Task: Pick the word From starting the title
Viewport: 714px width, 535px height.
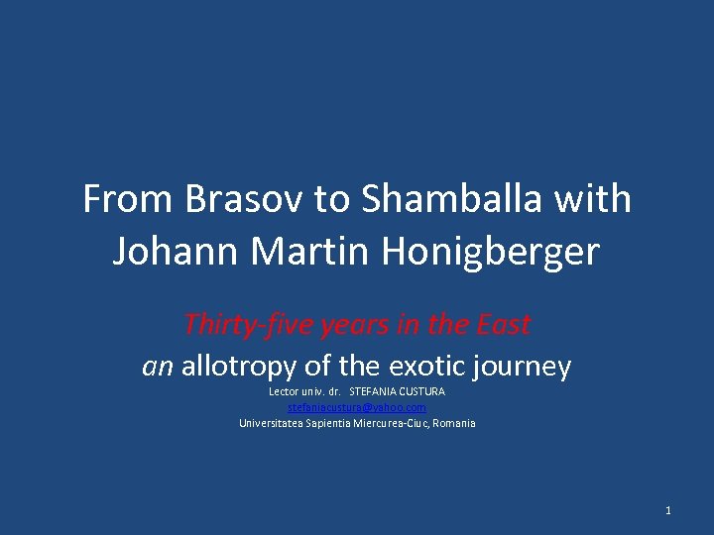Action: tap(126, 200)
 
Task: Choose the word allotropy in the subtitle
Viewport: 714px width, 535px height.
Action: tap(238, 367)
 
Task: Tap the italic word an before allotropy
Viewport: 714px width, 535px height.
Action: tap(158, 368)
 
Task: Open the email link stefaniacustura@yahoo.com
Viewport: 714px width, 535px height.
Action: tap(357, 407)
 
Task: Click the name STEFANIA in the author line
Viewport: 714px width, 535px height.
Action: tap(373, 391)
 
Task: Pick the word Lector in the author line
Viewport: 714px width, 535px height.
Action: tap(284, 391)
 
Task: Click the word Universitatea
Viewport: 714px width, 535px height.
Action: tap(273, 423)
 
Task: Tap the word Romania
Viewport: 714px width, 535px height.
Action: tap(454, 423)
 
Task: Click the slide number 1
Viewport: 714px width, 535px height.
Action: tap(668, 510)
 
